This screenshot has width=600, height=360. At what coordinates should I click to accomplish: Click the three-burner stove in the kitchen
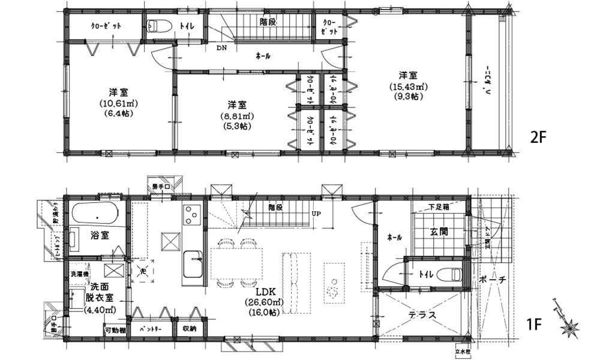pyautogui.click(x=192, y=215)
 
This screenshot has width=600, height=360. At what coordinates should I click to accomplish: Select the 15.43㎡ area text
pyautogui.click(x=409, y=86)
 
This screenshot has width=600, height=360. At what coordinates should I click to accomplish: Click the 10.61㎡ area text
pyautogui.click(x=118, y=103)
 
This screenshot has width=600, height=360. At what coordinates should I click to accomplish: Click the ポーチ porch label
pyautogui.click(x=493, y=280)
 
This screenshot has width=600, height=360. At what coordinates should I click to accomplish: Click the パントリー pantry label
pyautogui.click(x=152, y=329)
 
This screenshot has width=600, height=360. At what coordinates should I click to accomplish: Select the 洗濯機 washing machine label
pyautogui.click(x=79, y=273)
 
